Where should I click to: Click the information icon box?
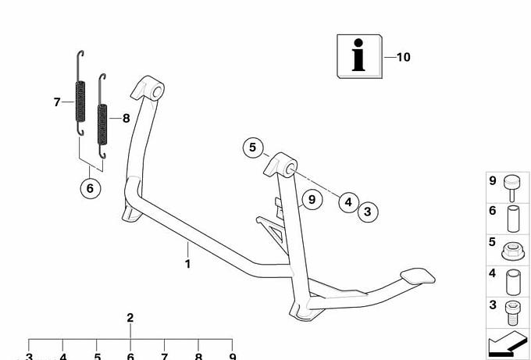359,56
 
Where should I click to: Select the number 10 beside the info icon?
404,57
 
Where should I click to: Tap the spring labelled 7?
80,93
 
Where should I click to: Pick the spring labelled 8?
102,116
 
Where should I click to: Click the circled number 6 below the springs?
91,188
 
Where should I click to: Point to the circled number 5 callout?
253,148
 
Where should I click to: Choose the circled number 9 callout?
312,199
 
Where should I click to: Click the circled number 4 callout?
349,202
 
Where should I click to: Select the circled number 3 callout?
368,212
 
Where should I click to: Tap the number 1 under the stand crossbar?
187,264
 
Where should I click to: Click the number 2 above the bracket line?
130,318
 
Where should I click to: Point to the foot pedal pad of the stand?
418,276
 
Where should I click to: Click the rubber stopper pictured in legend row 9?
512,188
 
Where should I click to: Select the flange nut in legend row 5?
513,251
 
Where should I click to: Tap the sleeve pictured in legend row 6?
513,219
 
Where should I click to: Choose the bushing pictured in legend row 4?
513,283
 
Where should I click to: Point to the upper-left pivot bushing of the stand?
148,88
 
